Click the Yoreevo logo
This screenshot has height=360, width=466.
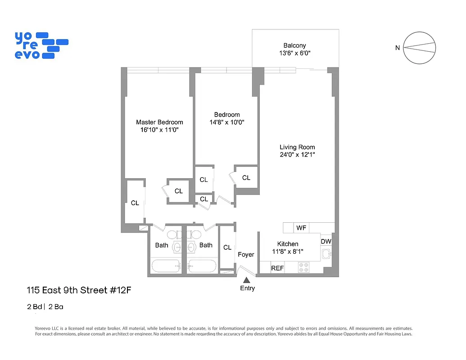(41, 45)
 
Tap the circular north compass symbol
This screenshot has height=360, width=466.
(420, 48)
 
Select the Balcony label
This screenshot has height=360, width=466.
(294, 45)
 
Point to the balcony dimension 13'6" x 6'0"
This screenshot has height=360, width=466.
(294, 53)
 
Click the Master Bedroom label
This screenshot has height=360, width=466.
(159, 122)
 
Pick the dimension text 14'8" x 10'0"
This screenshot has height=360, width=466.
(227, 122)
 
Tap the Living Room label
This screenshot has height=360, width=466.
(297, 147)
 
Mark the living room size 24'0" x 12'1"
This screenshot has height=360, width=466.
(297, 155)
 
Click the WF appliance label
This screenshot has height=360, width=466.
(301, 228)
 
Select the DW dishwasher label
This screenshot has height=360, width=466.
(326, 242)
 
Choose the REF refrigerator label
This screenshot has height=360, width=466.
(277, 268)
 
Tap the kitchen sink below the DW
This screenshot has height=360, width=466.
(326, 254)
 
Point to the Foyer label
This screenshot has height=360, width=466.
(246, 255)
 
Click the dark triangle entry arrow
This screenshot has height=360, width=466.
(247, 280)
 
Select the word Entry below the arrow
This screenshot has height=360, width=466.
(247, 288)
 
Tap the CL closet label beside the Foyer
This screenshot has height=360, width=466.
(227, 247)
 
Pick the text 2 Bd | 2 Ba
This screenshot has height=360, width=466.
(47, 307)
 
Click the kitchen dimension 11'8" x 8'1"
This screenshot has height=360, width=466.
(288, 252)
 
